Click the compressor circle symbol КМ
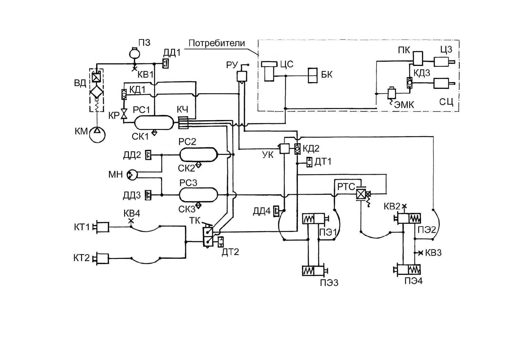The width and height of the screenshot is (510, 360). pos(97,134)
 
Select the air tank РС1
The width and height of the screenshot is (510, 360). pos(154,122)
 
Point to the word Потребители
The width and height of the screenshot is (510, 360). pos(217,43)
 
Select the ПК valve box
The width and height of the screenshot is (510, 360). pos(418,58)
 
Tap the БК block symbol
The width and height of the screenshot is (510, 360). pos(313,76)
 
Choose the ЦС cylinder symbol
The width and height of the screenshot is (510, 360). pos(269,71)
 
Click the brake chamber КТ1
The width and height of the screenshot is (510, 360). pos(101,227)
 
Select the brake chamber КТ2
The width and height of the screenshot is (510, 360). pos(101,258)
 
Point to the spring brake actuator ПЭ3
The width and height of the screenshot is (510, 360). pos(315,271)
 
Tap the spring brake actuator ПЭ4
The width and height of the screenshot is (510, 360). pos(407,270)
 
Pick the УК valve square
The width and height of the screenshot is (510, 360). pos(285,148)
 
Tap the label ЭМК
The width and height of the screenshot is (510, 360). pos(404,105)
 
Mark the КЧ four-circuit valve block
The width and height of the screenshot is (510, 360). pos(183,122)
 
